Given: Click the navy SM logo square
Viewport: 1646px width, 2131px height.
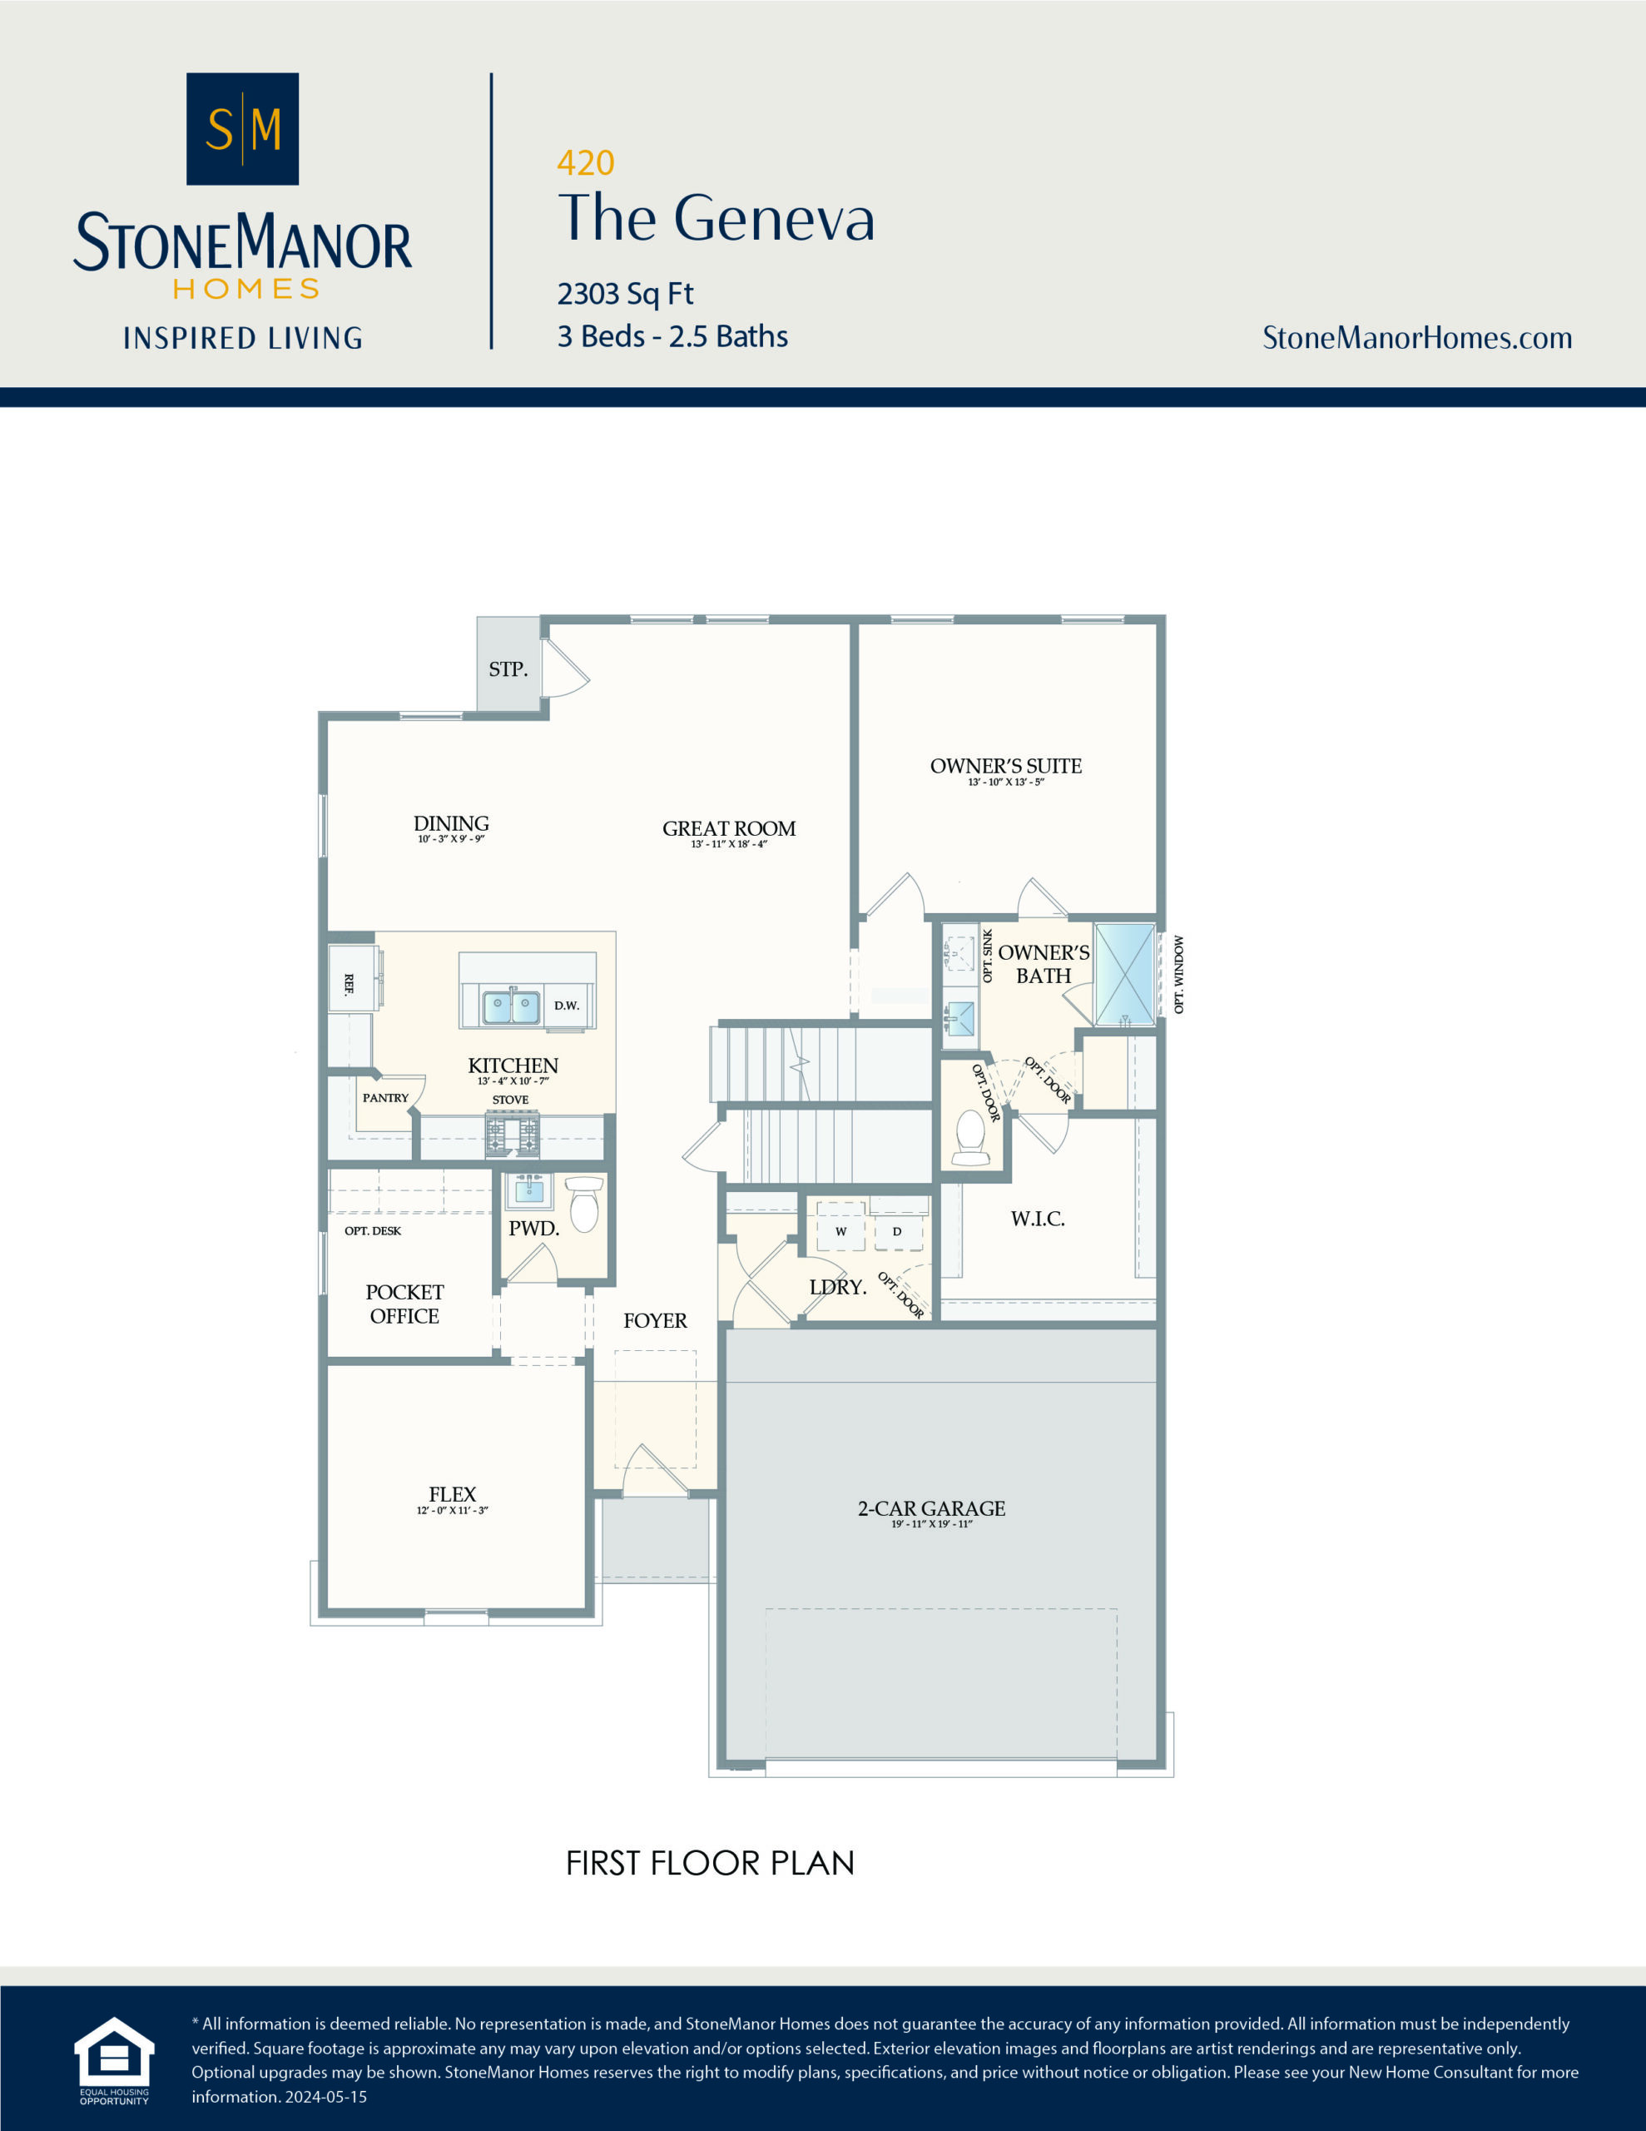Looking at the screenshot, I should click(x=242, y=129).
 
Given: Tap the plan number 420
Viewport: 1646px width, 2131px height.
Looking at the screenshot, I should click(x=585, y=163).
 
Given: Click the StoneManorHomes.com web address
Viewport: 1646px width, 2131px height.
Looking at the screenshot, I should click(x=1416, y=338).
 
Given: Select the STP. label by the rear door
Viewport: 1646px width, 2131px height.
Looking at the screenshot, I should click(x=508, y=669).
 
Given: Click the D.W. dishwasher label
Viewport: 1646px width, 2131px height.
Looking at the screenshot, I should click(x=566, y=1006).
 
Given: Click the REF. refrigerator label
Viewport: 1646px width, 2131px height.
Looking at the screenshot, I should click(x=349, y=984).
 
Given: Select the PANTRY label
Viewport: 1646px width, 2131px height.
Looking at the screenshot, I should click(x=385, y=1098).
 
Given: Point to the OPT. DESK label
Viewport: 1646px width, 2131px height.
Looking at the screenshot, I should click(x=373, y=1231).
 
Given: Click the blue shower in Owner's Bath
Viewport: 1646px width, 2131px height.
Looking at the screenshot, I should click(x=1124, y=974).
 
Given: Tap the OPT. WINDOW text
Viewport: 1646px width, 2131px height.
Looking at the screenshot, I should click(x=1178, y=975).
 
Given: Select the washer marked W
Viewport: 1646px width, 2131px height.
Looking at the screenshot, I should click(x=840, y=1231).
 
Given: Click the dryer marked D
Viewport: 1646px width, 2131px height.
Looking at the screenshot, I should click(x=897, y=1231).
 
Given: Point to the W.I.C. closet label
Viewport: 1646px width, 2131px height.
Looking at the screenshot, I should click(x=1037, y=1219).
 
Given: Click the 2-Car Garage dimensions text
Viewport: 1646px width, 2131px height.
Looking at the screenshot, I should click(x=931, y=1524).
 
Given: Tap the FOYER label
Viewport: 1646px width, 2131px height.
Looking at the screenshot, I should click(x=655, y=1321).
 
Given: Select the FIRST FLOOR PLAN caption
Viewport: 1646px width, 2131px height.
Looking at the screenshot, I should click(x=709, y=1864).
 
